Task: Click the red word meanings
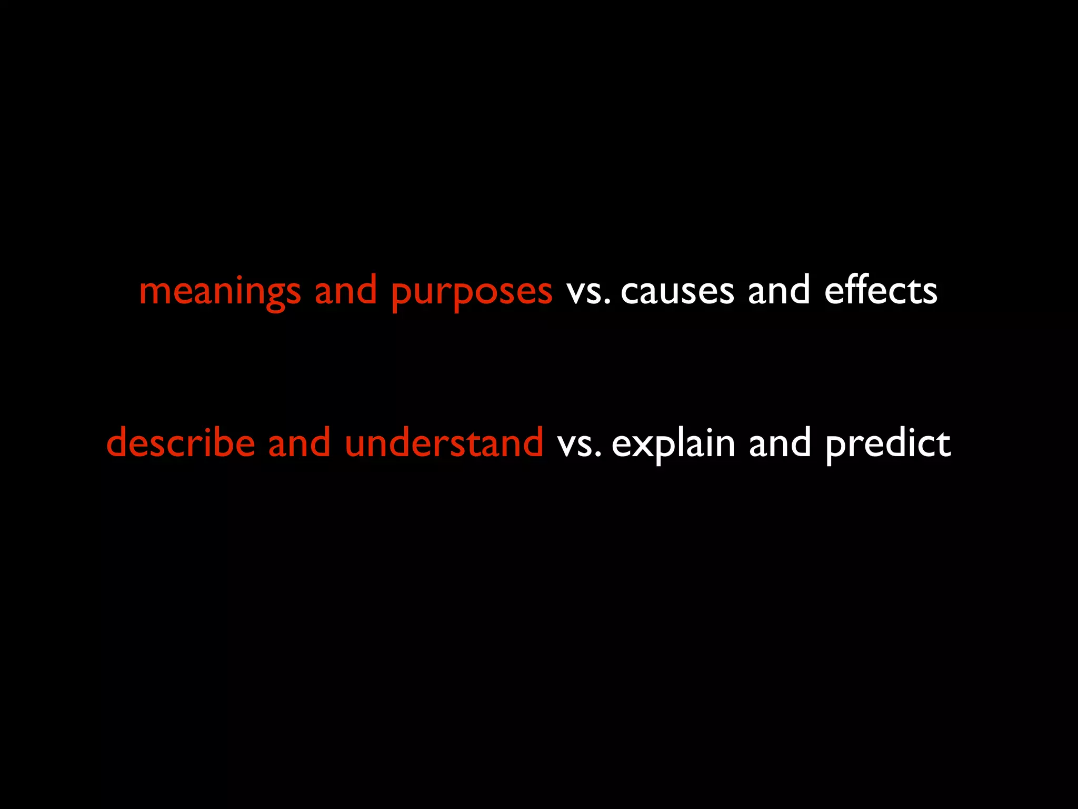coord(220,292)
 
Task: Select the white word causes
coord(677,292)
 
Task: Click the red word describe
coord(181,442)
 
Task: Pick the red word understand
coord(444,442)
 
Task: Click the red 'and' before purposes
coord(346,291)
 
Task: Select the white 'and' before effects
coord(779,291)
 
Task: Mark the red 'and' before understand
coord(300,442)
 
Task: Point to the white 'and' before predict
coord(780,442)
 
